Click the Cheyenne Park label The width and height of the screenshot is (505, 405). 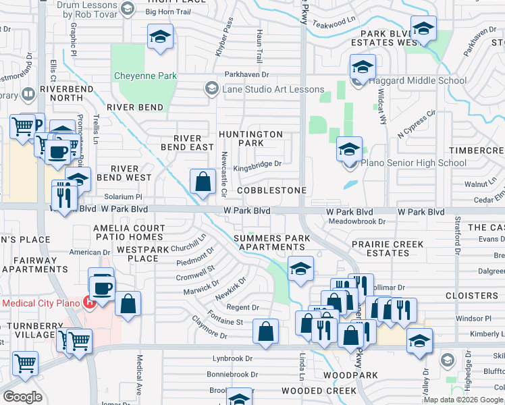pyautogui.click(x=145, y=76)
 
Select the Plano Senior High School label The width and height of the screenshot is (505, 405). pyautogui.click(x=413, y=163)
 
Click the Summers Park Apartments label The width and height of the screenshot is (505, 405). pyautogui.click(x=272, y=243)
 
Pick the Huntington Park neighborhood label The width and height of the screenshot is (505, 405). pyautogui.click(x=250, y=138)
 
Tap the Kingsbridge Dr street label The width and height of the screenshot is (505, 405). pyautogui.click(x=257, y=163)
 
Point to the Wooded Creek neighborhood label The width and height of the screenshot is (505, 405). pyautogui.click(x=319, y=391)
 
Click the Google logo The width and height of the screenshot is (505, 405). pyautogui.click(x=23, y=397)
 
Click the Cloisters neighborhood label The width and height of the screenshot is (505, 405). pyautogui.click(x=472, y=296)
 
